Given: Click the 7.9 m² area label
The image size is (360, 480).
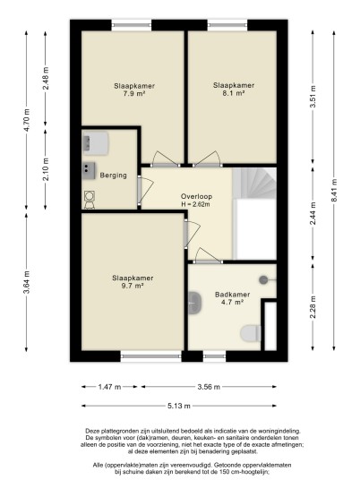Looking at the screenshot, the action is [x=134, y=94].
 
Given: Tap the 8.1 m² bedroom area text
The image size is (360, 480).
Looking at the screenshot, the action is [x=234, y=93].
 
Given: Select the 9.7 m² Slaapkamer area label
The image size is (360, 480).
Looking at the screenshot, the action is [x=133, y=286].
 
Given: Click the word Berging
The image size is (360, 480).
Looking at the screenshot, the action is [x=113, y=176].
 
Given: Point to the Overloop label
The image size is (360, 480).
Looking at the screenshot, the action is [x=196, y=196].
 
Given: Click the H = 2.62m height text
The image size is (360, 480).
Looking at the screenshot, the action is [x=196, y=204].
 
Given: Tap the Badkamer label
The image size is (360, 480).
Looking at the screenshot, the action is [x=232, y=295].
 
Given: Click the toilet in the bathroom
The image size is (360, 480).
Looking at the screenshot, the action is [x=251, y=333].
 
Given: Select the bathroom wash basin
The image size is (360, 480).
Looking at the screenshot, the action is [x=194, y=303].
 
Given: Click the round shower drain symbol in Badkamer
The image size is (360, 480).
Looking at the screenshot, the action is [x=263, y=279].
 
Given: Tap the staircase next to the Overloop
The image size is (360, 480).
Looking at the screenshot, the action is [x=254, y=183].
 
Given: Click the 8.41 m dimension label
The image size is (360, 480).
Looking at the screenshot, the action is [x=334, y=190].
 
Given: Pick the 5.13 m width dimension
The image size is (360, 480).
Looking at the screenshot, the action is [x=179, y=406].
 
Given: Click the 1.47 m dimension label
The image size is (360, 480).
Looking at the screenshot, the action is [x=109, y=387].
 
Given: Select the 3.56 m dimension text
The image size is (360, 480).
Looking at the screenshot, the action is [x=209, y=387].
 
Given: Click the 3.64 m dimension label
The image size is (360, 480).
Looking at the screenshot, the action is [x=27, y=282].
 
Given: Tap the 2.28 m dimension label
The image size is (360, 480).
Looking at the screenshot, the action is [x=313, y=307].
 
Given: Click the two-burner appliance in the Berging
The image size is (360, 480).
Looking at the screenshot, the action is [x=89, y=170].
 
